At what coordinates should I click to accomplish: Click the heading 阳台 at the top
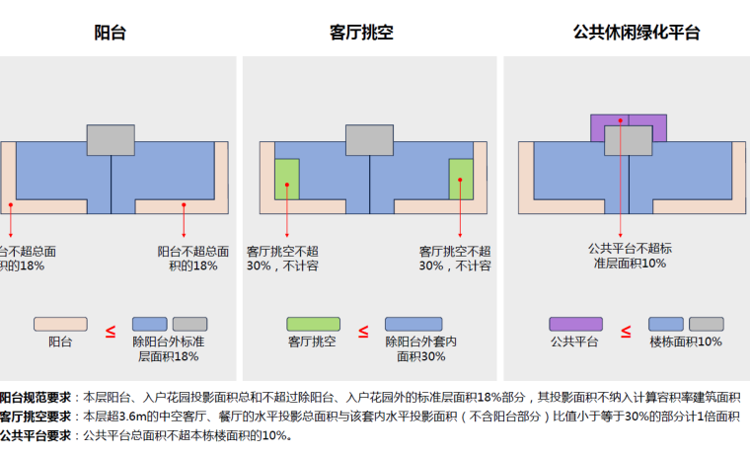110,33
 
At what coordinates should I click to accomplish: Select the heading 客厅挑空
361,33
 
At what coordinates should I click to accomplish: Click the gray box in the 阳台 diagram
111,140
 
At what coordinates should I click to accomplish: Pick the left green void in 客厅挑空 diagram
287,178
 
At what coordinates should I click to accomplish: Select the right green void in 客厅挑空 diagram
461,178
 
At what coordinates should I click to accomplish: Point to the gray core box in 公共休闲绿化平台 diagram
628,141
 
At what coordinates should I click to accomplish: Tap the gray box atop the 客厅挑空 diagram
370,140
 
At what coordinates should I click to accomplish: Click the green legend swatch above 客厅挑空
312,325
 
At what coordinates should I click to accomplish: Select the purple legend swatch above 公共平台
575,325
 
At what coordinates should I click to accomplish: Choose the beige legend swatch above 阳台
60,325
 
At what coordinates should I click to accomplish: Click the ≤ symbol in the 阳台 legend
111,332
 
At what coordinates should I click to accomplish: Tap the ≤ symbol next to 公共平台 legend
626,332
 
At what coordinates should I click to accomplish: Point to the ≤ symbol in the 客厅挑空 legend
362,332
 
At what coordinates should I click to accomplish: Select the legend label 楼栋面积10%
686,342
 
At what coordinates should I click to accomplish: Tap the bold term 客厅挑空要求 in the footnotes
36,417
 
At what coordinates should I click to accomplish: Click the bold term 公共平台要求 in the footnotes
36,434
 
